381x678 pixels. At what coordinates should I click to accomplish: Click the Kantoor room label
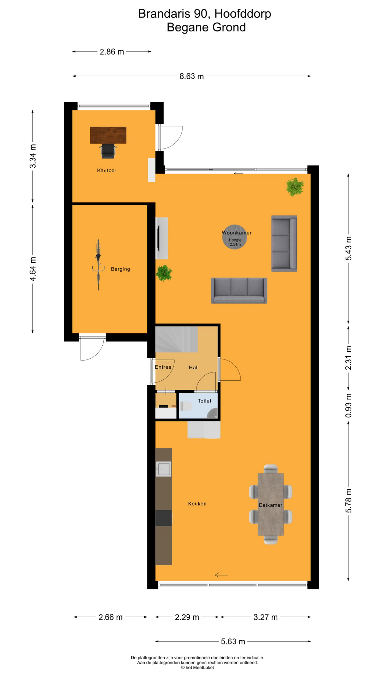tap(107, 171)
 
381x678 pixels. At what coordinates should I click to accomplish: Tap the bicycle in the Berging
tap(98, 264)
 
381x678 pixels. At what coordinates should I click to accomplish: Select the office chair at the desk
tap(108, 151)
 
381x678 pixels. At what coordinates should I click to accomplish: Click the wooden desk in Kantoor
tap(108, 135)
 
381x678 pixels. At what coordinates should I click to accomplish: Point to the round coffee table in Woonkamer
tap(235, 237)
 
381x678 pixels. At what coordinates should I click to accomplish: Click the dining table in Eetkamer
tap(271, 504)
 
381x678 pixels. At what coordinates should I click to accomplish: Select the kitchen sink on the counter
tap(164, 469)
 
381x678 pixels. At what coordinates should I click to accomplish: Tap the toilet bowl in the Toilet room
tap(186, 406)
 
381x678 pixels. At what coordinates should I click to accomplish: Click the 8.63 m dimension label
tap(192, 76)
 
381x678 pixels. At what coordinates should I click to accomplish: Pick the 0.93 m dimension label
tap(349, 405)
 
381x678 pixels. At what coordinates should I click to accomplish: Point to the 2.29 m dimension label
tap(187, 617)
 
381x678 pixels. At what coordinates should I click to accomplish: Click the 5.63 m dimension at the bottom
tap(233, 642)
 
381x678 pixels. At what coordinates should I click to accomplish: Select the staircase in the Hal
tap(176, 339)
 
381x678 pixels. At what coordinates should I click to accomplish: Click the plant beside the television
tap(164, 273)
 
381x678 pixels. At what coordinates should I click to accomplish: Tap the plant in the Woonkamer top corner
tap(295, 187)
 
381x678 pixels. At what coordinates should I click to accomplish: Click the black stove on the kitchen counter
tap(164, 518)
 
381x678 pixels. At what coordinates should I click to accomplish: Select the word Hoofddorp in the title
tap(243, 14)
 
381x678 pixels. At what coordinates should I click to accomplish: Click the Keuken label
tap(197, 504)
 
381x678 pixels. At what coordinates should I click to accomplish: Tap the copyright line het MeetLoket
tap(198, 667)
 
